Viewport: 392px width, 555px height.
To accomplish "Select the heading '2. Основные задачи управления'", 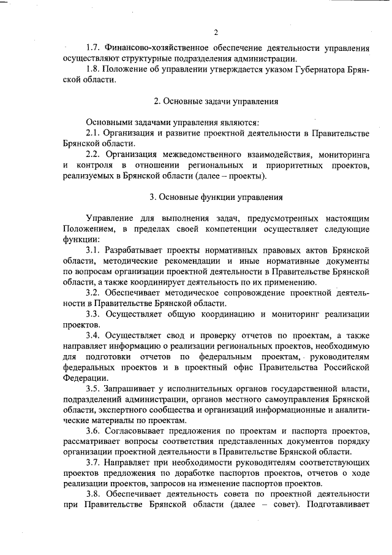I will pos(216,101).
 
